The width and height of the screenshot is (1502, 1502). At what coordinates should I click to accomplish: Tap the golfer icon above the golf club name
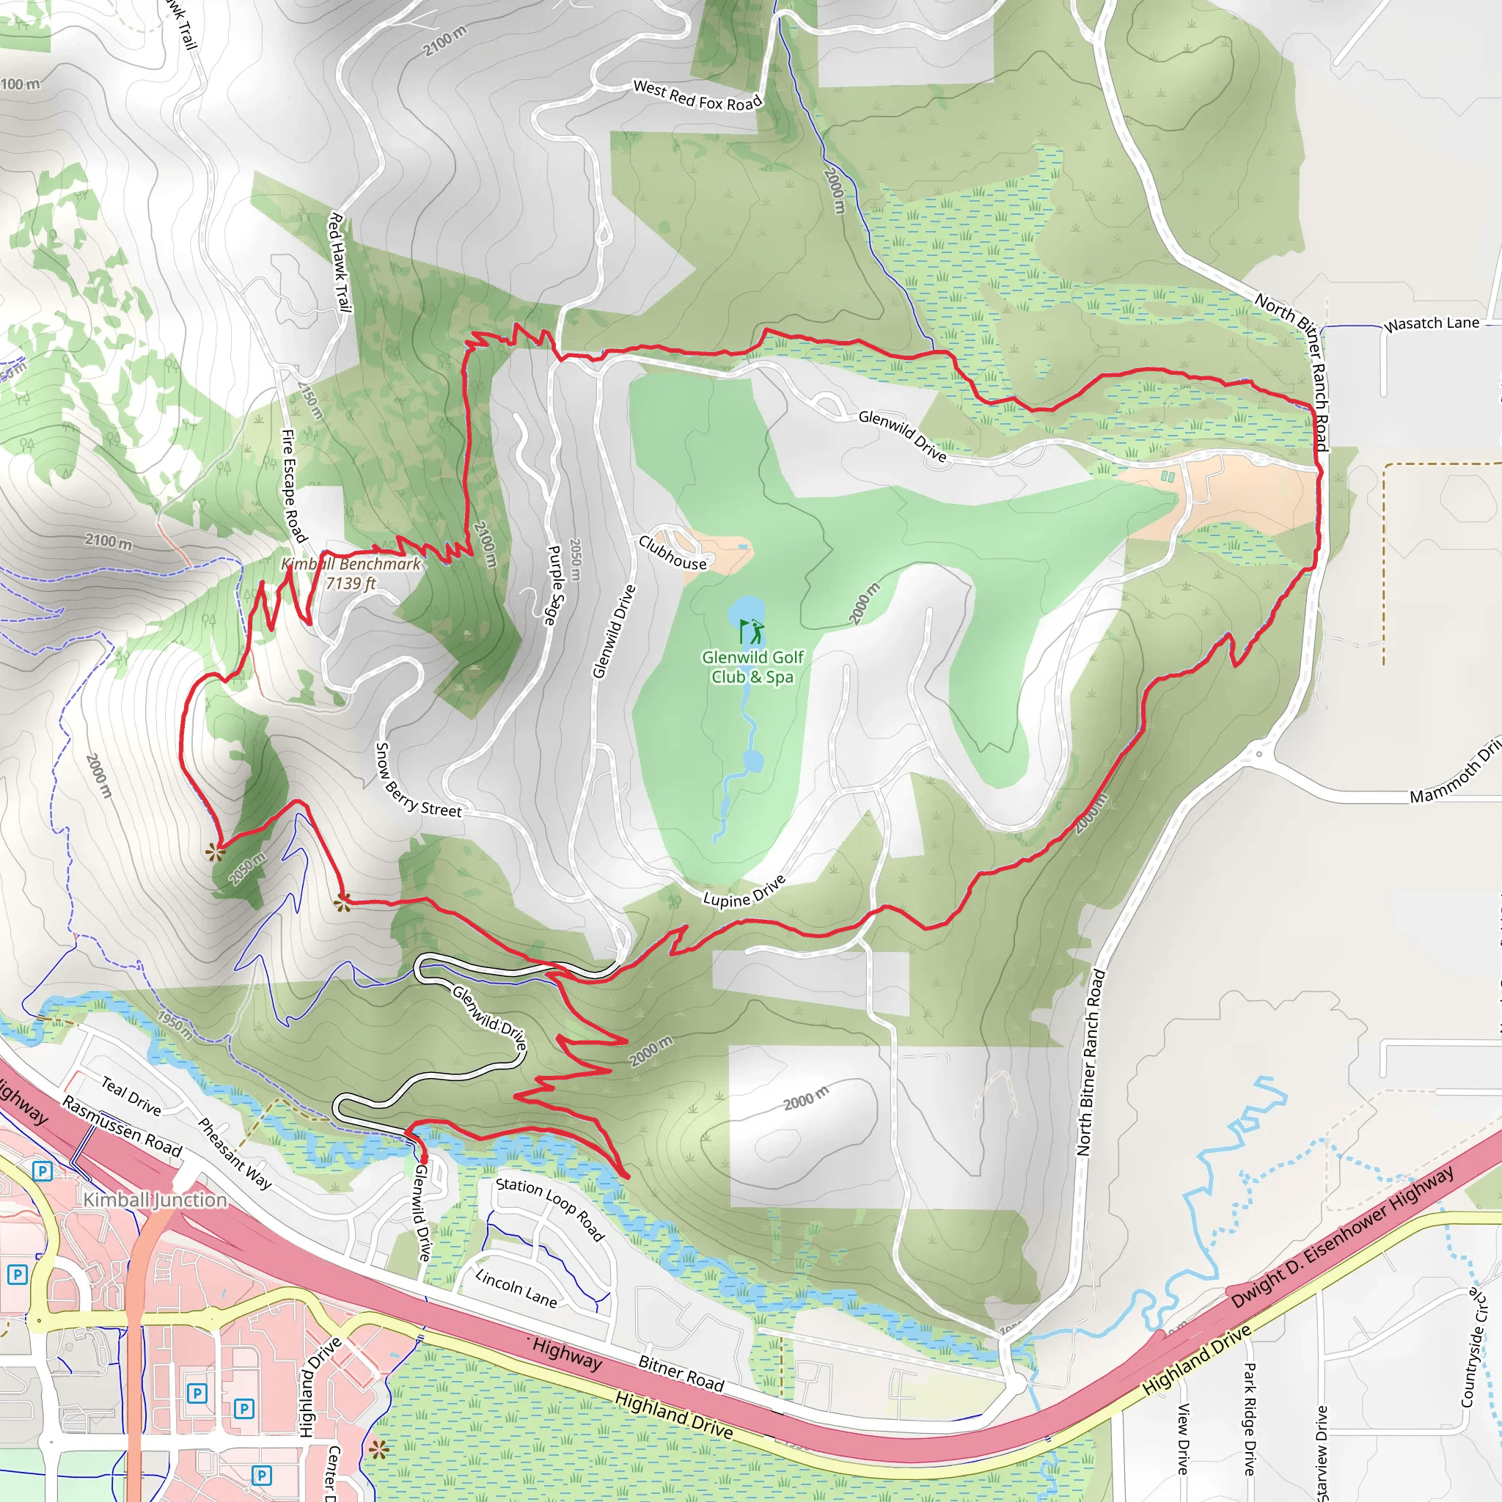[x=751, y=630]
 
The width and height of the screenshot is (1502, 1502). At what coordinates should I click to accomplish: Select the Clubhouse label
[x=673, y=552]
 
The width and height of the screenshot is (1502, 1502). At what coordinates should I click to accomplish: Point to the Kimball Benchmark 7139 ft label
[x=351, y=574]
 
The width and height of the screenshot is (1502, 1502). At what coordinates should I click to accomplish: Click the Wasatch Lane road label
[x=1432, y=323]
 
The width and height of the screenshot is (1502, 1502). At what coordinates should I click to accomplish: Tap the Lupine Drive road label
[x=744, y=892]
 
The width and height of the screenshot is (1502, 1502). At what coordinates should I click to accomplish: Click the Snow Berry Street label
[x=417, y=781]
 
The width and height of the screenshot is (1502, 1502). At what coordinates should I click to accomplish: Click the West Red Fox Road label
[x=697, y=95]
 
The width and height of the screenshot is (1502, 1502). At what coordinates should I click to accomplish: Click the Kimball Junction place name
[x=155, y=1200]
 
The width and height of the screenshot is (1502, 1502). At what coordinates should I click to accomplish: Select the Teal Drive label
[x=131, y=1096]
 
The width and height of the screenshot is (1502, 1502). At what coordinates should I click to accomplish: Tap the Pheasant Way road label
[x=234, y=1154]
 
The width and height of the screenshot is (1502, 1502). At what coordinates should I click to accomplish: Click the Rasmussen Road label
[x=122, y=1126]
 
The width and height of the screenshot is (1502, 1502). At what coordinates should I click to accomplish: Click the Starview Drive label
[x=1321, y=1451]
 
